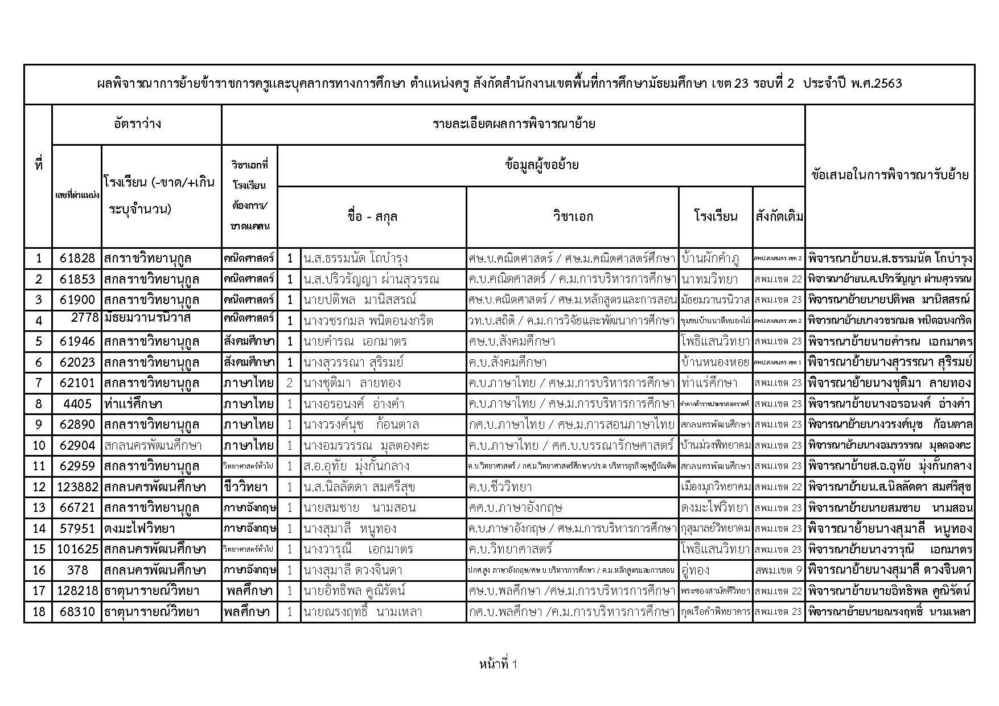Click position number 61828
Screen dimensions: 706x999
click(x=77, y=258)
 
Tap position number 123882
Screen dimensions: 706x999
click(x=77, y=487)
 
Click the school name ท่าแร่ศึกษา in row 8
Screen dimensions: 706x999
click(x=133, y=404)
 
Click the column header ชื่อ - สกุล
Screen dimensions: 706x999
click(x=372, y=216)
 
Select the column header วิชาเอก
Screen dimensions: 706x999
click(x=572, y=216)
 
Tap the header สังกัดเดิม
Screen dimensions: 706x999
click(x=779, y=216)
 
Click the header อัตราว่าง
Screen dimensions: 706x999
click(x=137, y=124)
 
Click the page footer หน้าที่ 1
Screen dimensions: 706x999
click(x=499, y=664)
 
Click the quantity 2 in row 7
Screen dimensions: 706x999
click(x=290, y=383)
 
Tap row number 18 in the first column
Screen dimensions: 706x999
click(x=38, y=612)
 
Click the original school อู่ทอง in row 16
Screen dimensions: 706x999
click(x=695, y=570)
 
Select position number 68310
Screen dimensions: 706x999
click(x=77, y=612)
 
